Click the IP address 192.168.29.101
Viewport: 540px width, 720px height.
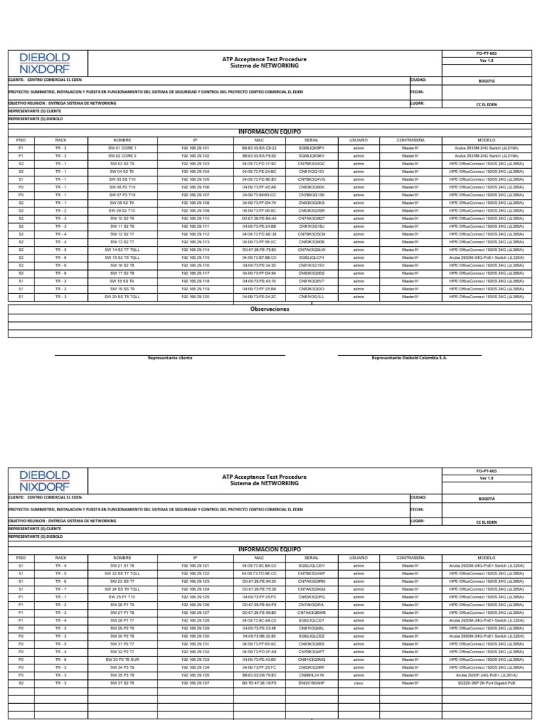coord(195,148)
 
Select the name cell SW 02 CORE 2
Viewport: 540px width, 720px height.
coord(122,155)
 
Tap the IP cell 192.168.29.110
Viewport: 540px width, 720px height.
coord(195,218)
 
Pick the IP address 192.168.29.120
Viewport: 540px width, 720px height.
coord(195,296)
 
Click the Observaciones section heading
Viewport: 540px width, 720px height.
coord(270,309)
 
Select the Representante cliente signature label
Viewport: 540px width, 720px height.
coord(169,358)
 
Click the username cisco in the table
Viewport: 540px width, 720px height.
coord(359,682)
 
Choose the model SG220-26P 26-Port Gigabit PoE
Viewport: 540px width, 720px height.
coord(487,682)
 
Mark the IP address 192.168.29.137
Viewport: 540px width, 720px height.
coord(195,682)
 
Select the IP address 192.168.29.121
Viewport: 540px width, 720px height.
coord(195,565)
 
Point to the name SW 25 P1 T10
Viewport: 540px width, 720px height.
coord(122,596)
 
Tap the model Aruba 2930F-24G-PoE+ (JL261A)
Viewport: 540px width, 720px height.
coord(487,674)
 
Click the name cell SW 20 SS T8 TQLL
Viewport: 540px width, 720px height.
coord(122,296)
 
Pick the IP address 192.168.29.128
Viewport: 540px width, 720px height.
coord(195,620)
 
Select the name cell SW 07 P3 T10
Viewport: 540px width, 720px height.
coord(122,195)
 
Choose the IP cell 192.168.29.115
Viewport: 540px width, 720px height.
coord(195,257)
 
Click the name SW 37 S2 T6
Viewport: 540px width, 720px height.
coord(122,682)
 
